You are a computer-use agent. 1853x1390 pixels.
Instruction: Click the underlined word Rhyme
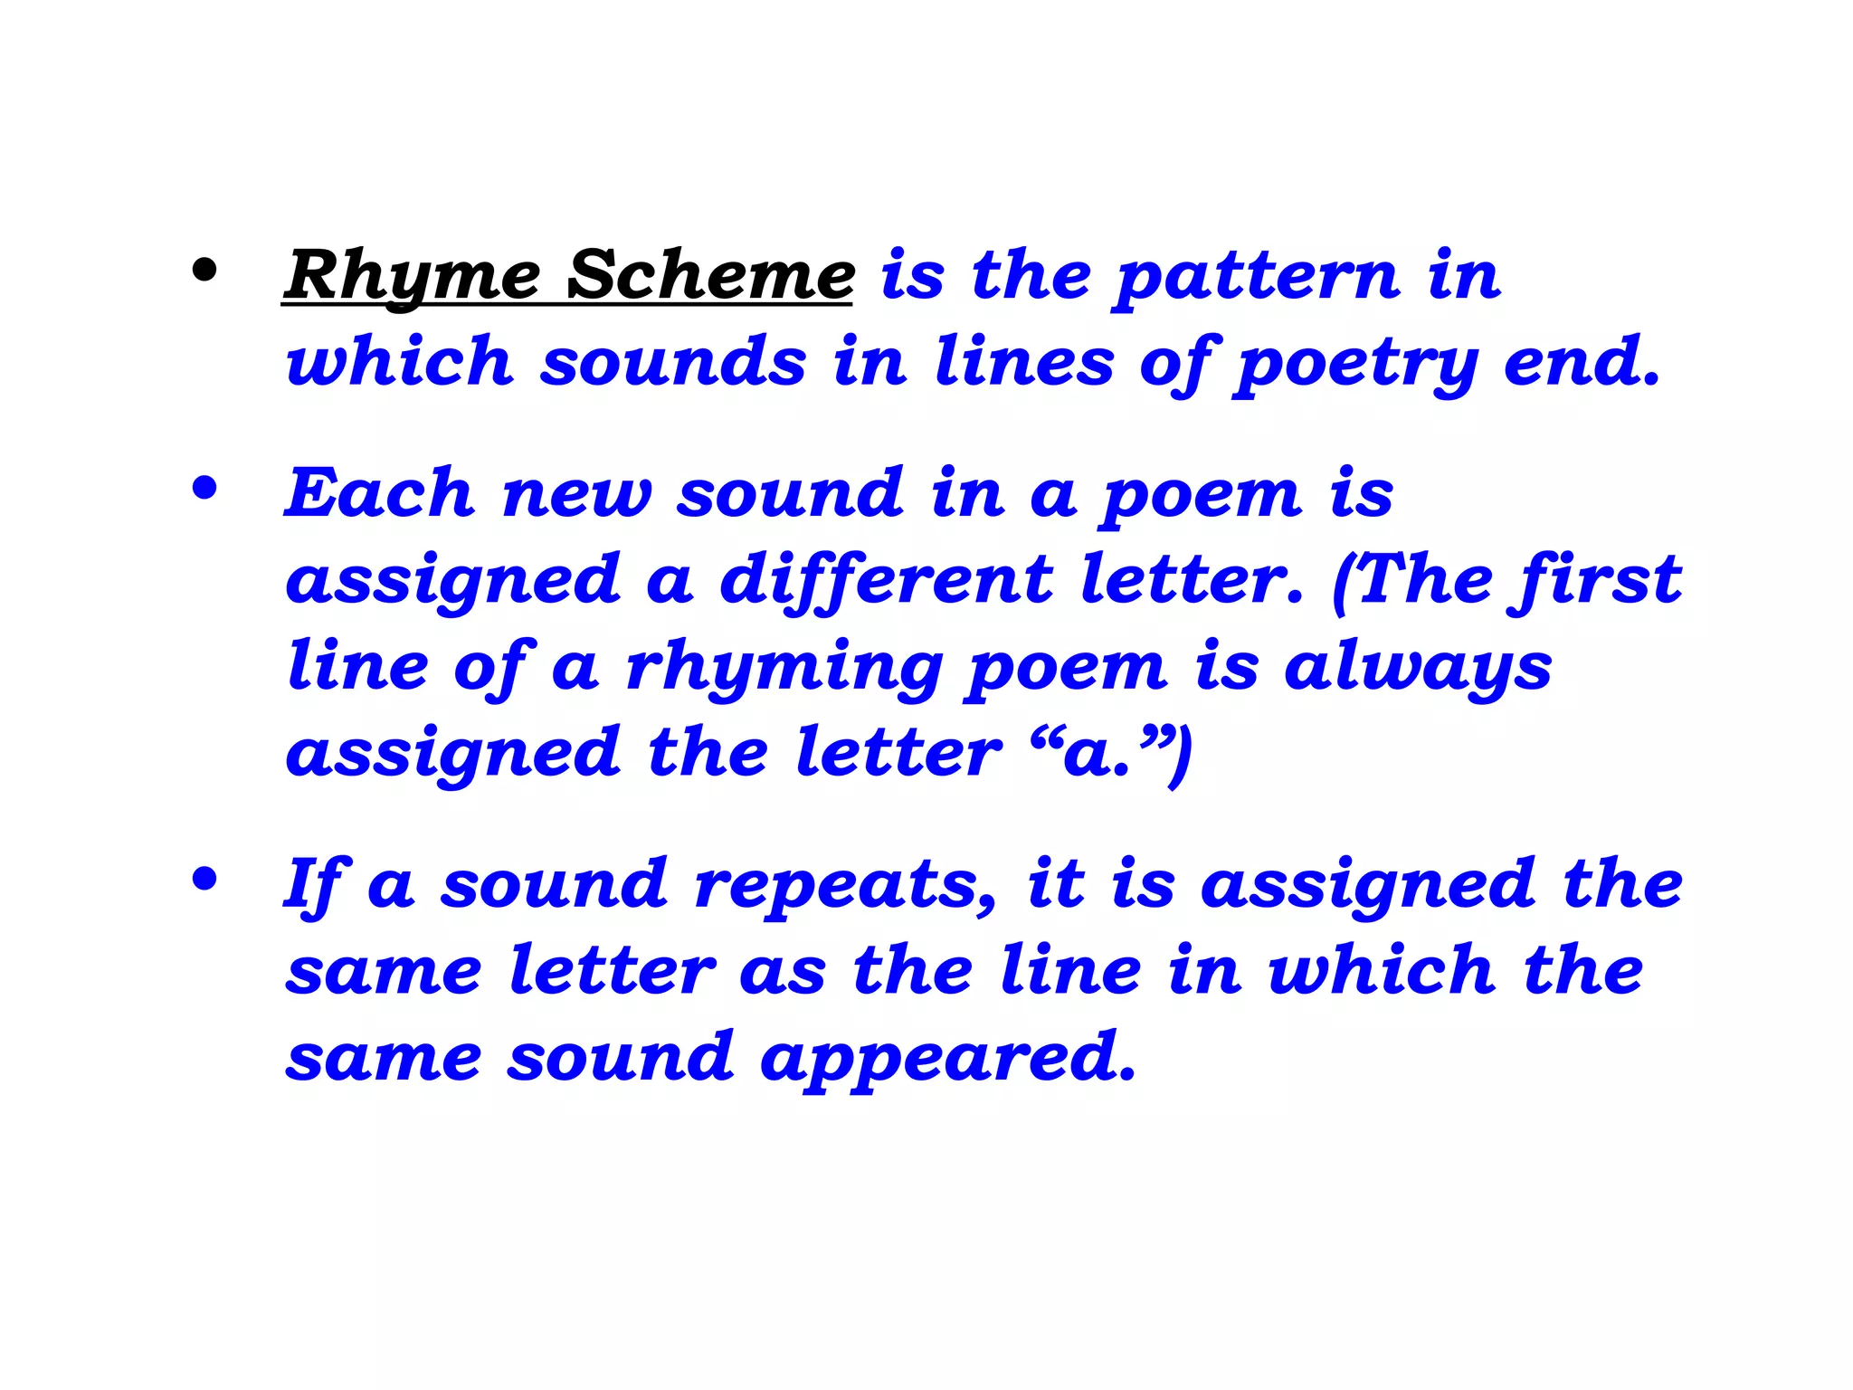[x=413, y=275]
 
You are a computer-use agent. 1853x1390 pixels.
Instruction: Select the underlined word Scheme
[x=710, y=275]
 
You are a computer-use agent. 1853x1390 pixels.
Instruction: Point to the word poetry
[x=1355, y=362]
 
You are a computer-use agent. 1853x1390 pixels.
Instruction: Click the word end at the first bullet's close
[x=1580, y=362]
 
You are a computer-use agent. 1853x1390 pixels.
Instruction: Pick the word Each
[x=380, y=494]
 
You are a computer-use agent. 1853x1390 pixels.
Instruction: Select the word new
[x=577, y=494]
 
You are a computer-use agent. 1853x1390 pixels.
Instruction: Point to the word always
[x=1418, y=668]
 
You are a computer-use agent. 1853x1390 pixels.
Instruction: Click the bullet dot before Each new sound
[x=205, y=489]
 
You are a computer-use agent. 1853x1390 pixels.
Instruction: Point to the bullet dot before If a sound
[x=205, y=879]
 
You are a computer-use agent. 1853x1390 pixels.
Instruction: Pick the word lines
[x=1024, y=362]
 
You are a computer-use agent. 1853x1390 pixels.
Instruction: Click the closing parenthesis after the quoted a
[x=1180, y=757]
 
